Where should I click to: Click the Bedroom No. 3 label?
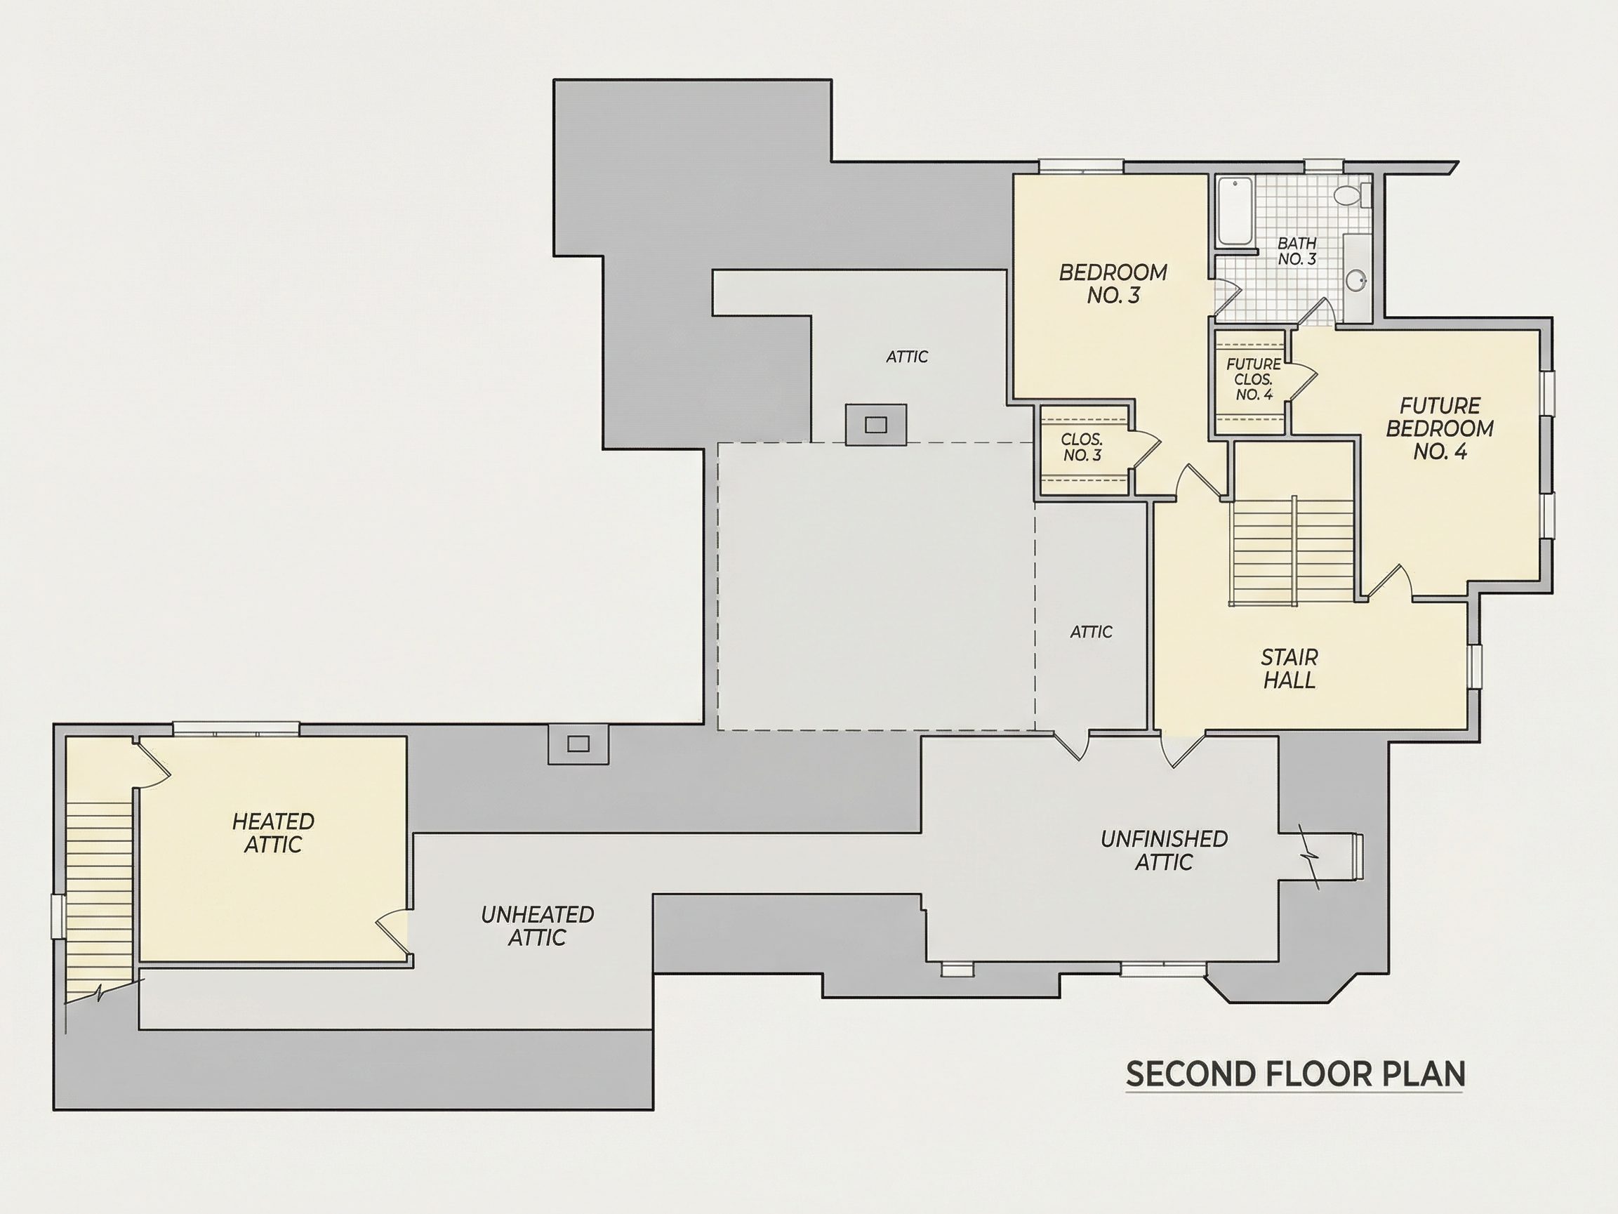pyautogui.click(x=1113, y=284)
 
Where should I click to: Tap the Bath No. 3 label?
pyautogui.click(x=1297, y=251)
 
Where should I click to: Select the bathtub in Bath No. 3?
pyautogui.click(x=1236, y=211)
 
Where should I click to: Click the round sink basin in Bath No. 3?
pyautogui.click(x=1358, y=279)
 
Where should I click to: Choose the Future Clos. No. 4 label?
pyautogui.click(x=1254, y=379)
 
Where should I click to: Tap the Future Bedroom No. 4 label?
pyautogui.click(x=1440, y=429)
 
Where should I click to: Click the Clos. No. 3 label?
pyautogui.click(x=1082, y=447)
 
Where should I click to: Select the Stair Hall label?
pyautogui.click(x=1289, y=668)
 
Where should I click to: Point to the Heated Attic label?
pyautogui.click(x=273, y=833)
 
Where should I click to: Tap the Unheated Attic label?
pyautogui.click(x=537, y=925)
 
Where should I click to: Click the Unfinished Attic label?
pyautogui.click(x=1164, y=850)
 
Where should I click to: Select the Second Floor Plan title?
pyautogui.click(x=1295, y=1074)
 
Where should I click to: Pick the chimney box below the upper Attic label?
pyautogui.click(x=876, y=424)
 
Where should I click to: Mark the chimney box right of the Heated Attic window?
pyautogui.click(x=578, y=744)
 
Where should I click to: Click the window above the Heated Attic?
pyautogui.click(x=237, y=729)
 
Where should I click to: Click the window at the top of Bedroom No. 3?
pyautogui.click(x=1081, y=166)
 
